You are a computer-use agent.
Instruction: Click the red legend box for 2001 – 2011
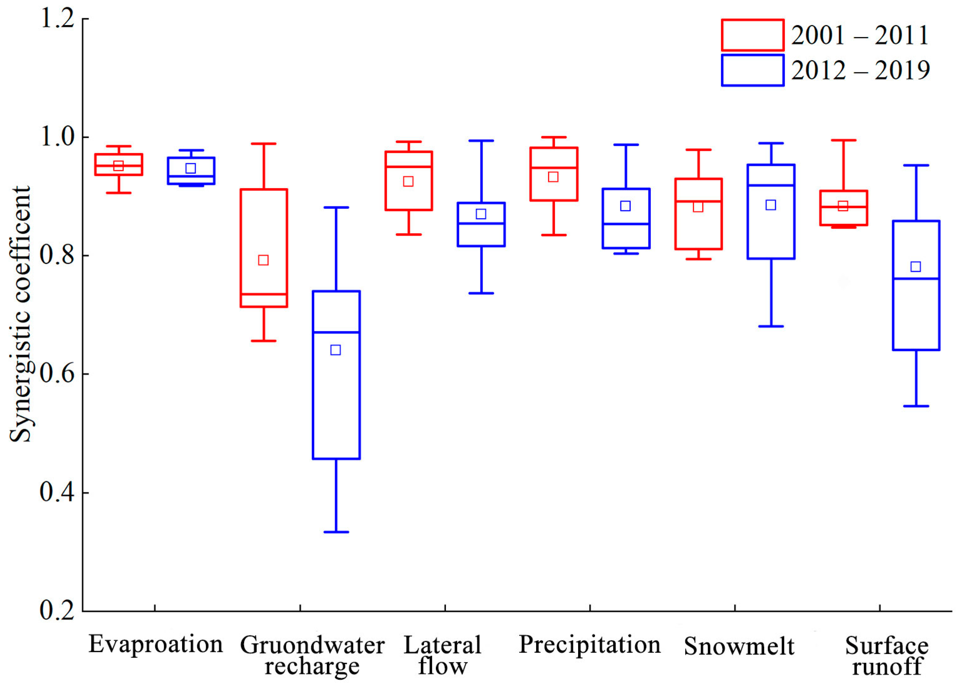pyautogui.click(x=752, y=35)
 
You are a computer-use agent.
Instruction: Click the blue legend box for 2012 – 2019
pyautogui.click(x=752, y=70)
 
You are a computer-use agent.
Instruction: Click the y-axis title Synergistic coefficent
pyautogui.click(x=20, y=314)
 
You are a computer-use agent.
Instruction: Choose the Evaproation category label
pyautogui.click(x=155, y=645)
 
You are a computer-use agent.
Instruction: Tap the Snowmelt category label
pyautogui.click(x=739, y=646)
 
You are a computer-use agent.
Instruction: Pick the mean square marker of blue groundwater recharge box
pyautogui.click(x=335, y=350)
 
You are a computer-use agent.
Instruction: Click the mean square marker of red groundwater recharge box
pyautogui.click(x=263, y=260)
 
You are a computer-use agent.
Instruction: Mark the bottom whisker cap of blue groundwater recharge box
pyautogui.click(x=336, y=532)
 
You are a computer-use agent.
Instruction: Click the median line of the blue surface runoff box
pyautogui.click(x=916, y=279)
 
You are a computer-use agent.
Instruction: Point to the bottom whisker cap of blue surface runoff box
pyautogui.click(x=916, y=406)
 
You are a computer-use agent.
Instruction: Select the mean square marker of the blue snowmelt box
pyautogui.click(x=771, y=205)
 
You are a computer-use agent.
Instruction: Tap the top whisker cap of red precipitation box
pyautogui.click(x=554, y=137)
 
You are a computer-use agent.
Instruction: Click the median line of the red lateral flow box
pyautogui.click(x=409, y=167)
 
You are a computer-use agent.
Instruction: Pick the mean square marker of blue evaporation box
pyautogui.click(x=191, y=168)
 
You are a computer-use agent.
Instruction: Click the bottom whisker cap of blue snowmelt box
pyautogui.click(x=771, y=326)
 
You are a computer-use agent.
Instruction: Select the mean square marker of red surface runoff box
pyautogui.click(x=843, y=206)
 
